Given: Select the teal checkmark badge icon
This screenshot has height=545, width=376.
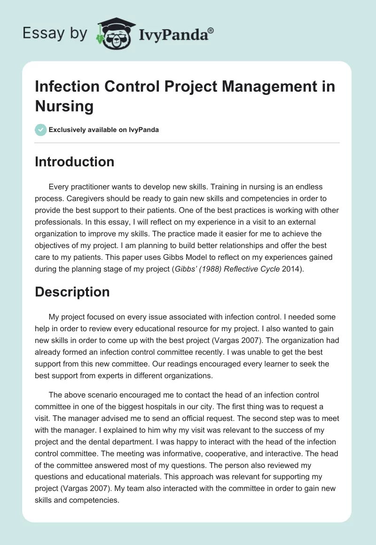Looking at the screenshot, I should point(41,130).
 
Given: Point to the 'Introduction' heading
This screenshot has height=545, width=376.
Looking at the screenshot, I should point(75,162).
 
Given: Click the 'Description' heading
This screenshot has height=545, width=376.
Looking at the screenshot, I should point(72,292).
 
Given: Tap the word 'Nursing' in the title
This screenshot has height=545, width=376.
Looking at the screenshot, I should point(64,106).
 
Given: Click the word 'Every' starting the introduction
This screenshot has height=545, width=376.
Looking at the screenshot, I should point(59,187).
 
